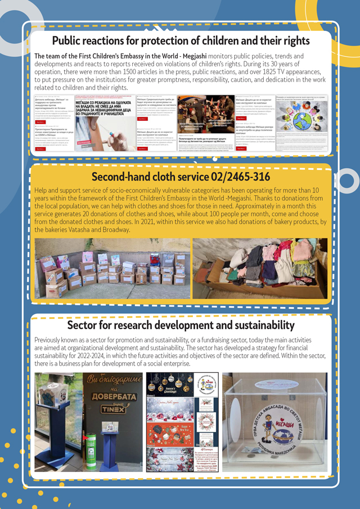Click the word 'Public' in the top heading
68,40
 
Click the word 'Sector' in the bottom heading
82,325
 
